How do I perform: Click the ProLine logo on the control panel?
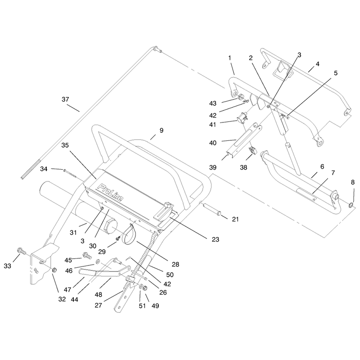(x=110, y=193)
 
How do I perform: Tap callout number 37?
(x=65, y=99)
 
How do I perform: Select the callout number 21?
(x=235, y=219)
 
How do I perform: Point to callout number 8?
(x=353, y=183)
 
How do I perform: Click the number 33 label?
(x=7, y=266)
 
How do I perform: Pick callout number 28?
(x=175, y=264)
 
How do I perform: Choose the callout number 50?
(x=170, y=274)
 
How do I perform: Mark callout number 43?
(x=213, y=103)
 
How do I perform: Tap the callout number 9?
(x=162, y=130)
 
